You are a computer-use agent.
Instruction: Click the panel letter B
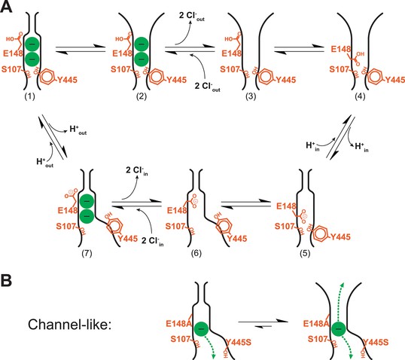click(x=6, y=280)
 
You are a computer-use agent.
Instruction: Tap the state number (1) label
click(x=29, y=96)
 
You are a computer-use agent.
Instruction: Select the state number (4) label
click(x=360, y=96)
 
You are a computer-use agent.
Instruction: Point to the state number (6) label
click(x=196, y=254)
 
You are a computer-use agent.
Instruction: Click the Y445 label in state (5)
click(x=340, y=236)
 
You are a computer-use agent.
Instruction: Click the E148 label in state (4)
click(x=341, y=49)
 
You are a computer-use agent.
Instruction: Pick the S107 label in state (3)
click(x=230, y=69)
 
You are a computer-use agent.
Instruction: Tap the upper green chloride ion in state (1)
click(x=32, y=44)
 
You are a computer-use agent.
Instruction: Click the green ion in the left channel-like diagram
click(x=202, y=328)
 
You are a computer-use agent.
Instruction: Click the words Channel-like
click(x=69, y=324)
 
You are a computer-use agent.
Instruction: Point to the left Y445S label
click(x=239, y=343)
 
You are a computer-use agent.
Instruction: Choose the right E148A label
click(x=316, y=324)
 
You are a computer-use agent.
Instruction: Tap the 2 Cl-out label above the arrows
click(x=192, y=17)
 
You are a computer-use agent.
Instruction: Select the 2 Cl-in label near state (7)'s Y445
click(x=152, y=241)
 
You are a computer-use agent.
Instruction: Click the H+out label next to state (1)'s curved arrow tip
click(x=78, y=130)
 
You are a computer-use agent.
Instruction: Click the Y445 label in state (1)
click(x=67, y=80)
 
